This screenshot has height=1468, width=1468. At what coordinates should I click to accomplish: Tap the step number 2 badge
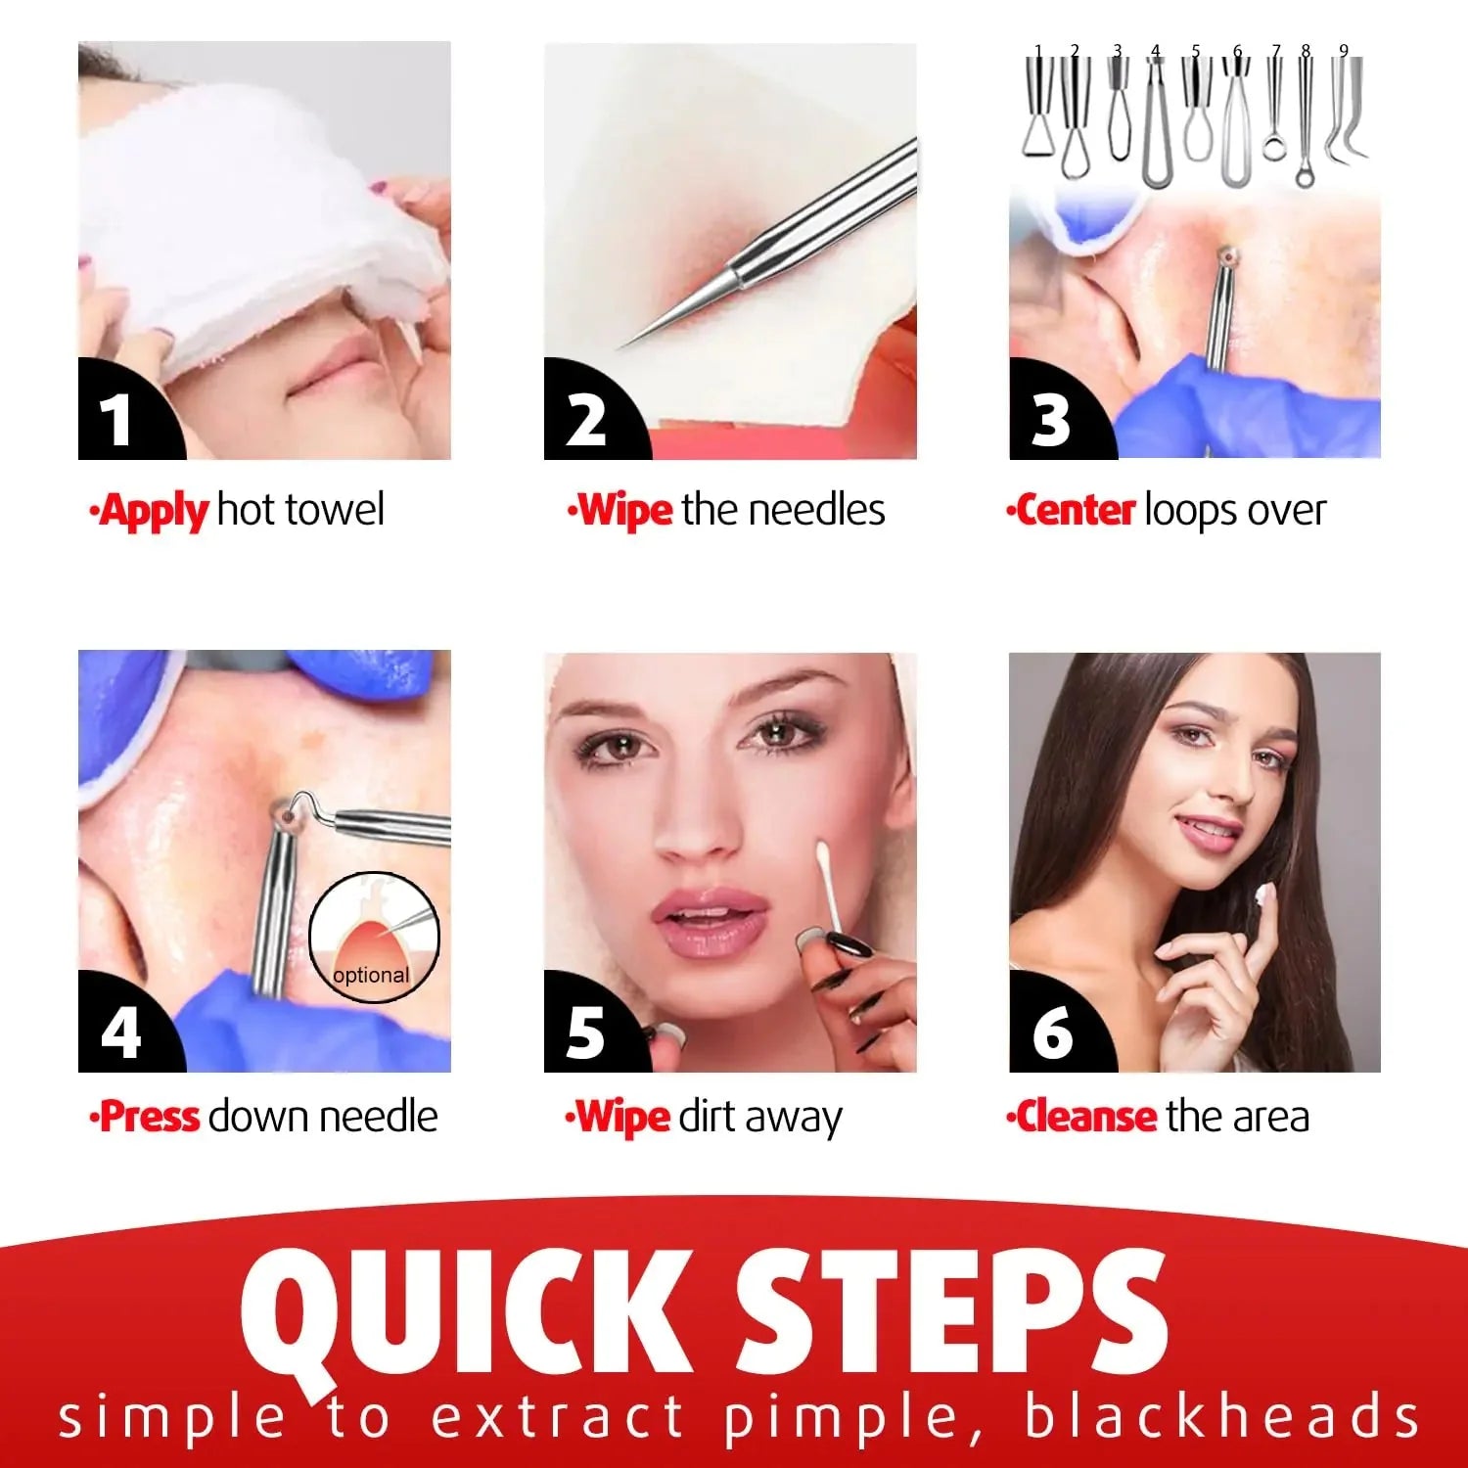point(586,419)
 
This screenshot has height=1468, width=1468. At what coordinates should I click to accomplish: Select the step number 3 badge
point(1051,419)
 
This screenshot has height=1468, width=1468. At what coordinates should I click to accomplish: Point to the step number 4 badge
point(119,1031)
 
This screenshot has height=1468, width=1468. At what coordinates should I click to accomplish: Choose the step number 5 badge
point(585,1031)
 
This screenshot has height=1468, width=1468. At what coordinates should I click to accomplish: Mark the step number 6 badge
point(1052,1031)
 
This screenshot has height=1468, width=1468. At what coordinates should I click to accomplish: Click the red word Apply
point(154,511)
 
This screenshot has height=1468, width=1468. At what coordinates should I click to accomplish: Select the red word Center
point(1075,510)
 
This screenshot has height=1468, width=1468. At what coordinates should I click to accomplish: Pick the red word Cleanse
point(1085,1117)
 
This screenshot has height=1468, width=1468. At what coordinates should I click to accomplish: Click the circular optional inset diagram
point(374,938)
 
